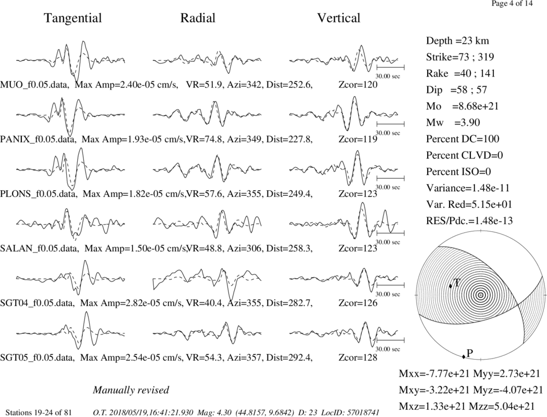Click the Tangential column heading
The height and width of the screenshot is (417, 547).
point(73,18)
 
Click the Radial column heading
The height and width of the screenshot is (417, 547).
point(197,18)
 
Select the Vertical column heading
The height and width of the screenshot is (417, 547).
point(339,18)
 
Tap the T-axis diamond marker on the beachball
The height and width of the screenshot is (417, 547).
point(450,286)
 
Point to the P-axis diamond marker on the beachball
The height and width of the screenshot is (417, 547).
point(464,356)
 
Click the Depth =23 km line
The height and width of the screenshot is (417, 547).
point(457,41)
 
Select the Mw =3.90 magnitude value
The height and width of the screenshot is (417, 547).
point(453,123)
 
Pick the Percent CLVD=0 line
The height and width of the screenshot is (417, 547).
point(464,155)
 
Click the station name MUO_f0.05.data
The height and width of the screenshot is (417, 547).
point(34,85)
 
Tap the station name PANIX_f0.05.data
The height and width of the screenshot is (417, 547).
point(38,139)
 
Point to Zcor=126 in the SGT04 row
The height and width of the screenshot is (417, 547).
point(358,303)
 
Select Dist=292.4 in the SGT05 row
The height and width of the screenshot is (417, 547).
point(289,357)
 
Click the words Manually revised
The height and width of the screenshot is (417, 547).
point(131,390)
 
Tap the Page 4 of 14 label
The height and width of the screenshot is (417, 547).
point(512,3)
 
